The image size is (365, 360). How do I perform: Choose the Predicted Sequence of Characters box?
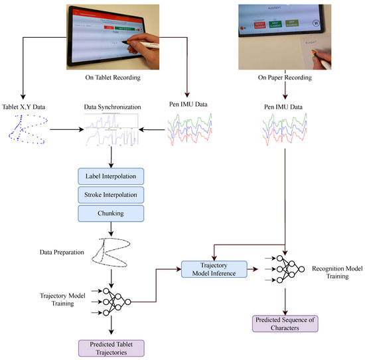(285, 324)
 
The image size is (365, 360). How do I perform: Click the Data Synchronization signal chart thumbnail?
(112, 131)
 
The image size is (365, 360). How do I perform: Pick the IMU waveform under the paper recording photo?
(285, 131)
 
